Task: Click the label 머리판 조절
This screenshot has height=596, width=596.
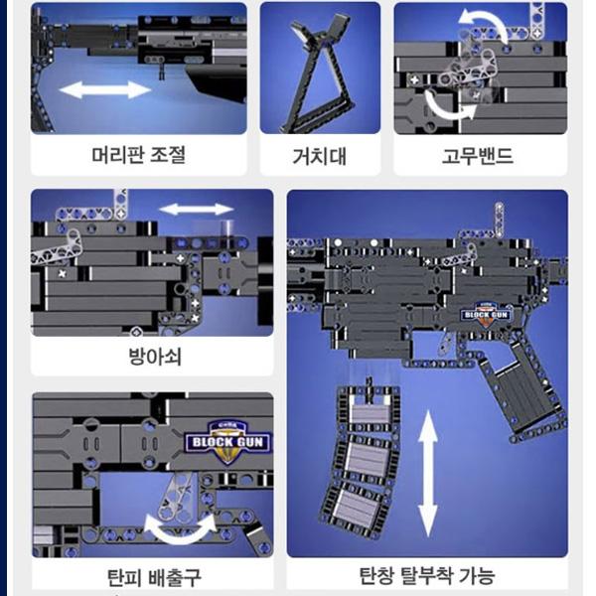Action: [138, 156]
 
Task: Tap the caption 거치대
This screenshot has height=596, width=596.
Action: [319, 156]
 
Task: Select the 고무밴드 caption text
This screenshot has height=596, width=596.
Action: [479, 156]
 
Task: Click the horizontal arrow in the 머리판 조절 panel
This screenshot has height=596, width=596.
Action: [105, 90]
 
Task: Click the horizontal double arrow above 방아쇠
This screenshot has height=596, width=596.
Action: [197, 210]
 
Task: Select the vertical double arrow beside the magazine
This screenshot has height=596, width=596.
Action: [428, 475]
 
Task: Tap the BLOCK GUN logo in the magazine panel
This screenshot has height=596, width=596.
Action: [484, 314]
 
